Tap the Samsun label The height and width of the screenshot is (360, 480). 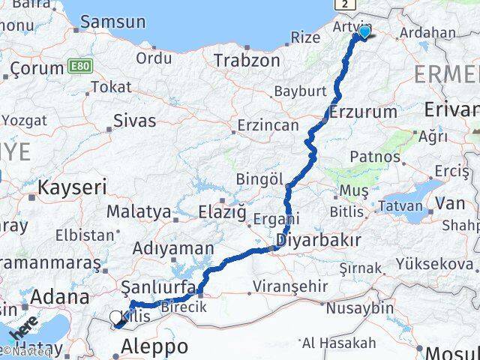click(x=112, y=22)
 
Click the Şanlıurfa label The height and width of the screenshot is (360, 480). click(x=159, y=289)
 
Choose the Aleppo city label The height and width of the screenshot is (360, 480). click(x=154, y=346)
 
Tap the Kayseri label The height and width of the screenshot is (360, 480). click(x=73, y=187)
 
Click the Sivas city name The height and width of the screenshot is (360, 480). click(x=134, y=120)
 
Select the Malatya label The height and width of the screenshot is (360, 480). click(x=139, y=212)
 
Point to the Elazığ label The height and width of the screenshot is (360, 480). click(x=222, y=213)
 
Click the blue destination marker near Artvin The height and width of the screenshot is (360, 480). click(x=364, y=31)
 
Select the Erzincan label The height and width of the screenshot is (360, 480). click(x=267, y=125)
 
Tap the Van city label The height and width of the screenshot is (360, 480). click(x=450, y=202)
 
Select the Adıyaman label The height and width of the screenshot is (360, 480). click(x=173, y=248)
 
